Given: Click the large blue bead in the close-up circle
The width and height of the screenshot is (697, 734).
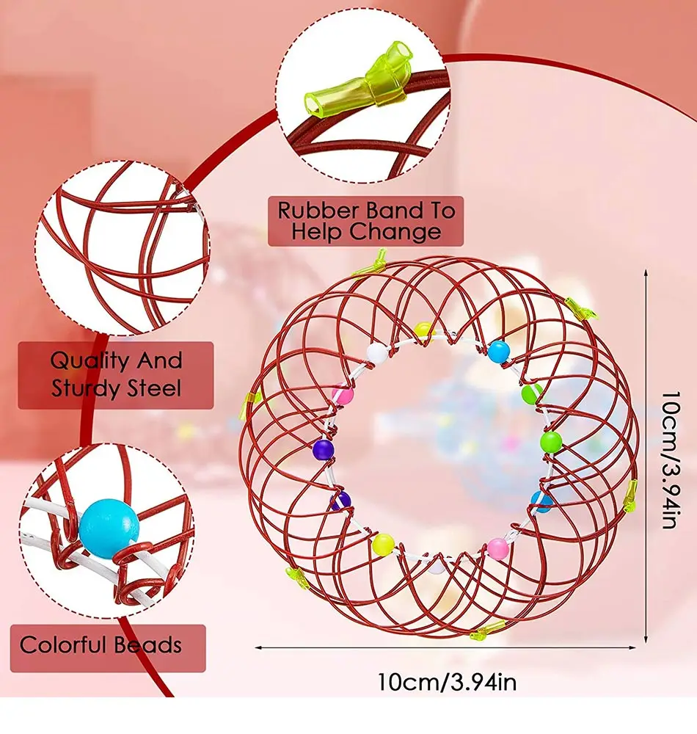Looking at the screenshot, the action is (109, 523).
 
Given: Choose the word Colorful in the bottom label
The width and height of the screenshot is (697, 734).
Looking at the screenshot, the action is (62, 645).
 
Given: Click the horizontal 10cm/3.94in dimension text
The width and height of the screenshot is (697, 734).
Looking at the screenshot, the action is (447, 683).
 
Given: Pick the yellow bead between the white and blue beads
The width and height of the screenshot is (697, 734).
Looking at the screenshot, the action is (422, 330).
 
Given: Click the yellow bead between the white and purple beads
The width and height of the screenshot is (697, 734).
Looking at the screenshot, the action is (383, 544).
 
